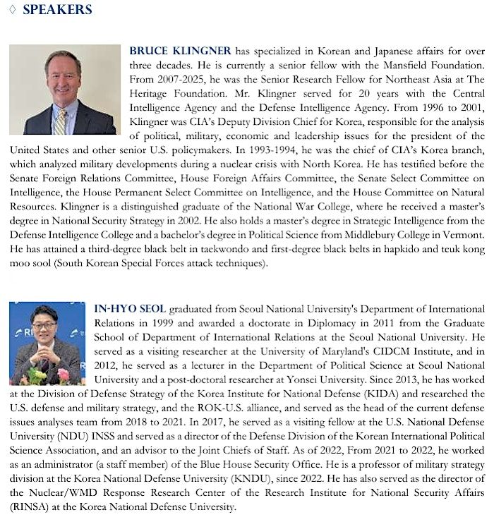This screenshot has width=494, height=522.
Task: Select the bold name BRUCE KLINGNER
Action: point(180,51)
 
